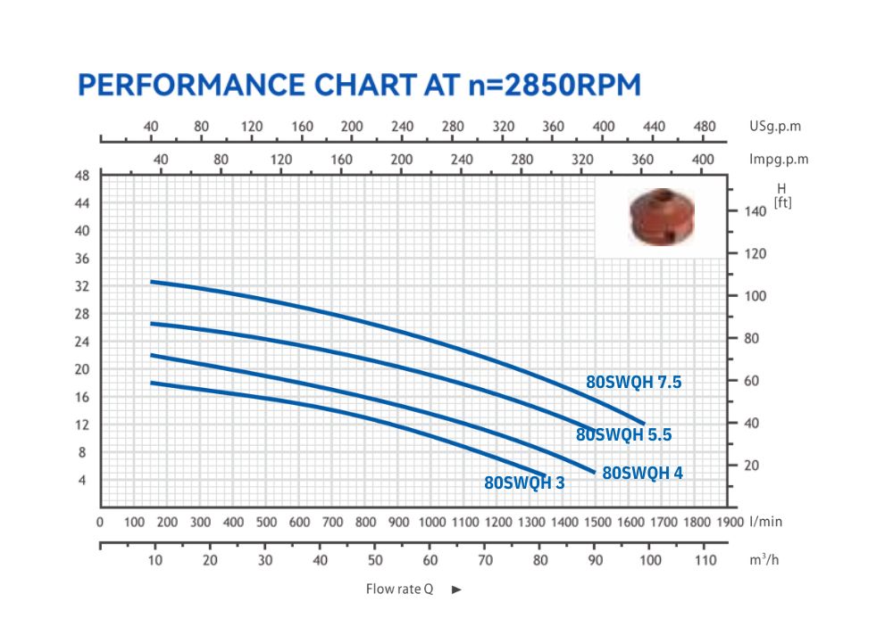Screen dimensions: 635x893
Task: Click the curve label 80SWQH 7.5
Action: click(x=634, y=383)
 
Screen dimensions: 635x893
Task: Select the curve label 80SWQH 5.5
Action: click(x=623, y=435)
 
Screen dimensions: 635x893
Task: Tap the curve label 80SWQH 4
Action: click(x=642, y=473)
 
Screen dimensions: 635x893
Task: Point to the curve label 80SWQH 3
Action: click(x=524, y=483)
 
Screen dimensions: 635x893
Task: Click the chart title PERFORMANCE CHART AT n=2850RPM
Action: click(x=360, y=85)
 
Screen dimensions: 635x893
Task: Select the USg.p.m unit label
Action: click(x=775, y=126)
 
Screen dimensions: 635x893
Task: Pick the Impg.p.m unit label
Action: click(x=779, y=159)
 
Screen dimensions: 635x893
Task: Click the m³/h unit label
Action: click(x=764, y=560)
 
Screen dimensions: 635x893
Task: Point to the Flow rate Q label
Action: click(x=399, y=590)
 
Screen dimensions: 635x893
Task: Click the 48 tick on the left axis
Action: click(x=82, y=176)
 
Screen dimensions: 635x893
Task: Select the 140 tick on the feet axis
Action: click(x=755, y=211)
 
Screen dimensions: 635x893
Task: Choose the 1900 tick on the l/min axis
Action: click(x=730, y=522)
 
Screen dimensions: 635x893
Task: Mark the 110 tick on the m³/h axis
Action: click(x=705, y=560)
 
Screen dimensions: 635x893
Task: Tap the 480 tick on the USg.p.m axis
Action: click(x=705, y=126)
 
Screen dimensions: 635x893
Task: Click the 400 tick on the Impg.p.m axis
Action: click(x=703, y=159)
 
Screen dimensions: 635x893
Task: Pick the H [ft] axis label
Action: click(x=783, y=195)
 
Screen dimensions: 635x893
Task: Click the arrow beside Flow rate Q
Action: click(x=456, y=590)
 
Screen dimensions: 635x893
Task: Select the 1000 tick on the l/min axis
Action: click(x=432, y=522)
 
